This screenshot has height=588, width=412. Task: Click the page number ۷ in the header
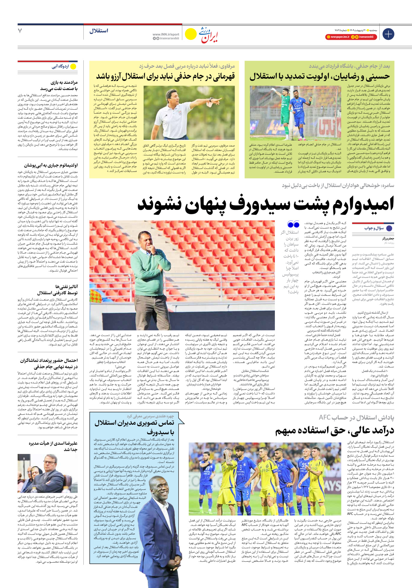pyautogui.click(x=20, y=31)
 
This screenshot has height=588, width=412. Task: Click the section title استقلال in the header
pyautogui.click(x=99, y=31)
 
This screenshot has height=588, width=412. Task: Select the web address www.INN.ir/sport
pyautogui.click(x=166, y=34)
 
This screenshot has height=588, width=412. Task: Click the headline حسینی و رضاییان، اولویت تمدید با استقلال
pyautogui.click(x=319, y=77)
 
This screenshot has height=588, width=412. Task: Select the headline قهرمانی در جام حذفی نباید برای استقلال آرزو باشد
pyautogui.click(x=165, y=77)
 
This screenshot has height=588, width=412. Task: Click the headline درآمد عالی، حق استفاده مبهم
pyautogui.click(x=335, y=430)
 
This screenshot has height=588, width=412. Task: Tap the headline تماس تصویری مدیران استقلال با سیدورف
pyautogui.click(x=134, y=427)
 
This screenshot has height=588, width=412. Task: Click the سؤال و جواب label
pyautogui.click(x=374, y=228)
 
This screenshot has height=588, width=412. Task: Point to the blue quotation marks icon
pyautogui.click(x=293, y=225)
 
